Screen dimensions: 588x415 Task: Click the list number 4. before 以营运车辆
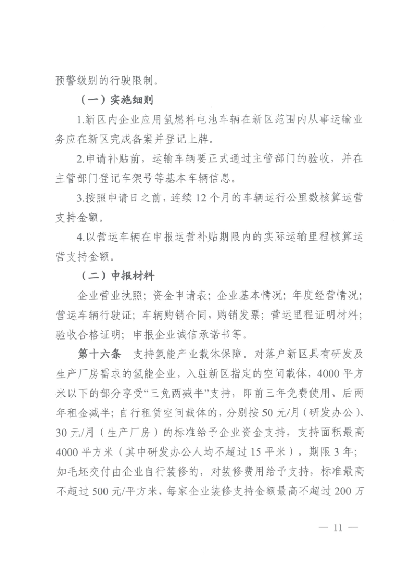(x=82, y=236)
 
